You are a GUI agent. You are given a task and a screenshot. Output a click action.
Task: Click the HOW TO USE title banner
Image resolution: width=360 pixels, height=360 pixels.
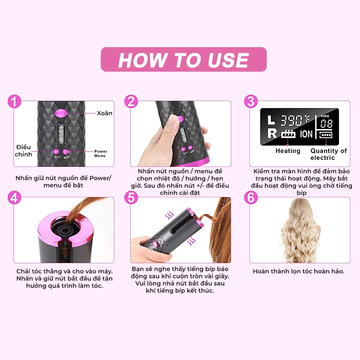184,59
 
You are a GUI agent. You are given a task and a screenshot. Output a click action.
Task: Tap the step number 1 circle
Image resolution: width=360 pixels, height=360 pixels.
14,102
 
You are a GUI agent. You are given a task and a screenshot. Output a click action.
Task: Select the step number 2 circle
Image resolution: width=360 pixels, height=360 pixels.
131,102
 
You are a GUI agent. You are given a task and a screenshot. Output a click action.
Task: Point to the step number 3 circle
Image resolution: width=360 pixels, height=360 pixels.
251,102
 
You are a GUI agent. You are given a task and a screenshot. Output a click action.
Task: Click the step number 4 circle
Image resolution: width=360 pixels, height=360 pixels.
14,198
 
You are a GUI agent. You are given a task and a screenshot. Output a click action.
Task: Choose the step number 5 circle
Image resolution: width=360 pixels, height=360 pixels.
131,198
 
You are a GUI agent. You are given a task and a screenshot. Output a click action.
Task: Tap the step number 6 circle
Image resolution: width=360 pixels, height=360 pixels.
251,198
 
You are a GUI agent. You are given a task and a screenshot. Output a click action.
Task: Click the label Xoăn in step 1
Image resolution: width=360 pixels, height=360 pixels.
105,113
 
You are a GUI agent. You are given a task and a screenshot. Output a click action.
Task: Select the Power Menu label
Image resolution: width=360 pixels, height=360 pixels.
100,154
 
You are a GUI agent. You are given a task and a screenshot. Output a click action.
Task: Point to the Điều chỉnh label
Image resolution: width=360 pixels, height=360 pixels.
23,150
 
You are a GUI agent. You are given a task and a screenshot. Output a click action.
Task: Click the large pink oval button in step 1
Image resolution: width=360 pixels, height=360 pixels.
61,113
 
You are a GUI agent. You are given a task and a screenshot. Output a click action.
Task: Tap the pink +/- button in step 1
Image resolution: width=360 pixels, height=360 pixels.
56,152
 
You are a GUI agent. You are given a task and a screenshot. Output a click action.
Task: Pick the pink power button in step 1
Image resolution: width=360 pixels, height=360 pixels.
66,152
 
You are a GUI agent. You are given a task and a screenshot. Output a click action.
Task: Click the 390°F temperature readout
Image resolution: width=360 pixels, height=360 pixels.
295,120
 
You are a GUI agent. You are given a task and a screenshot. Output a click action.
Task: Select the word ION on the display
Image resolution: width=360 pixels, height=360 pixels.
306,134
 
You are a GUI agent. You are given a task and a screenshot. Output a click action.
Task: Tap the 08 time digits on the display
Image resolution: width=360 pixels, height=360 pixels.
326,124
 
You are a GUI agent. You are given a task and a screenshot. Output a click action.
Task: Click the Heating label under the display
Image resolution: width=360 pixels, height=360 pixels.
288,151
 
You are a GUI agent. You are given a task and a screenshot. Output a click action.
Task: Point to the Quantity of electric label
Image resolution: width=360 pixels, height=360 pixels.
329,154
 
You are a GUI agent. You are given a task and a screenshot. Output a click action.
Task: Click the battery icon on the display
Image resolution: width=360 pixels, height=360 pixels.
325,135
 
